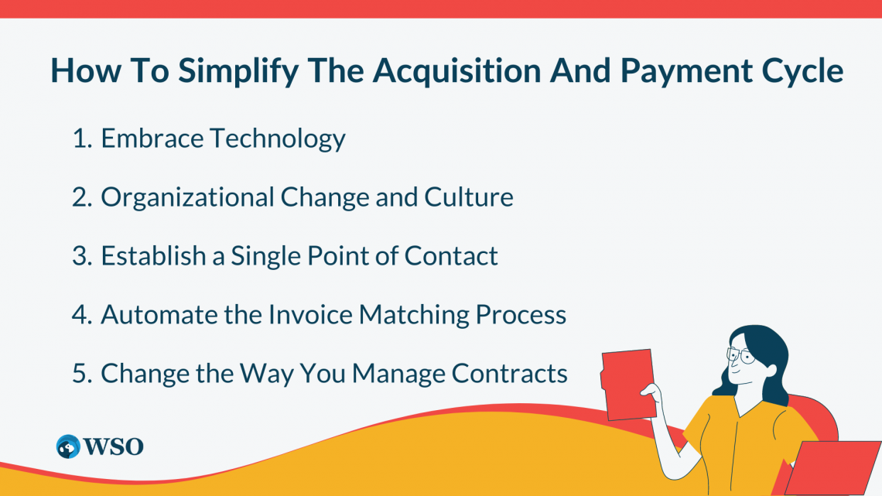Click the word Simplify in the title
tap(225, 72)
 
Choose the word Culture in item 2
tap(469, 198)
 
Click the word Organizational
tap(186, 198)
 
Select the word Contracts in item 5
tap(510, 374)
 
